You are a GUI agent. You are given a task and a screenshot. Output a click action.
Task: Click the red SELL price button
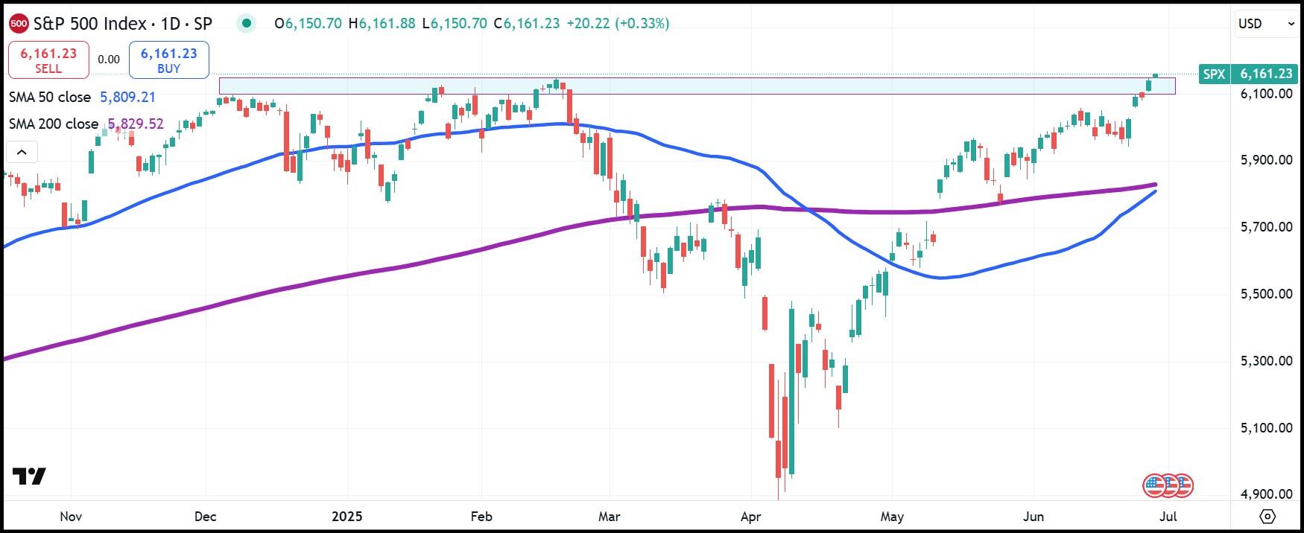click(48, 60)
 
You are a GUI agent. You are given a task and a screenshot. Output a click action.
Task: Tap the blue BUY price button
click(168, 60)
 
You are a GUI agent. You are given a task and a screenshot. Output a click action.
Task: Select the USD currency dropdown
click(1266, 24)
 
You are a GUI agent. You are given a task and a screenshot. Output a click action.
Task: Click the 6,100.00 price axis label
click(1266, 94)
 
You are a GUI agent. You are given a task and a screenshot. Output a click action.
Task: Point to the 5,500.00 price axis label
click(1266, 294)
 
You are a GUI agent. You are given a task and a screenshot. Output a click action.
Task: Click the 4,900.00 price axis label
click(1266, 494)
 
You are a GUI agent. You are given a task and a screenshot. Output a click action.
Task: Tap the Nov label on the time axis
click(71, 516)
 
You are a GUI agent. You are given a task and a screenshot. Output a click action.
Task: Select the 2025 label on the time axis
click(346, 516)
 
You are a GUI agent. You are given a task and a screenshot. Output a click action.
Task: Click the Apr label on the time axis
click(751, 516)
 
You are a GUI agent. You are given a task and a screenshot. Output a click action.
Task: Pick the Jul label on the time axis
click(1168, 516)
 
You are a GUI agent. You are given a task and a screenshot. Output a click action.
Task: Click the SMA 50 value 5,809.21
click(127, 98)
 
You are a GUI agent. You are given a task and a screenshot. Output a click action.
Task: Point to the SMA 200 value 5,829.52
click(135, 124)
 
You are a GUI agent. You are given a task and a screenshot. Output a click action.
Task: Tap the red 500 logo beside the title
click(19, 24)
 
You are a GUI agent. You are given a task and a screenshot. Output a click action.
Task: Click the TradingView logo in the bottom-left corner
click(30, 476)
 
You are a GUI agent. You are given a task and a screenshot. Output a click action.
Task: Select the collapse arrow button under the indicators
click(22, 153)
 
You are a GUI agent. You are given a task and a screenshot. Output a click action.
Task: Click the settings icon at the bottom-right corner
click(1267, 516)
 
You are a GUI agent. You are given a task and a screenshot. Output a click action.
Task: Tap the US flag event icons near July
click(1168, 486)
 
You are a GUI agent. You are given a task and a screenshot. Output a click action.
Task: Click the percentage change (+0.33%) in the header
click(642, 24)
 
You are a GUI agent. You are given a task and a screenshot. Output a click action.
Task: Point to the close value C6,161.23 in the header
click(532, 24)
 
